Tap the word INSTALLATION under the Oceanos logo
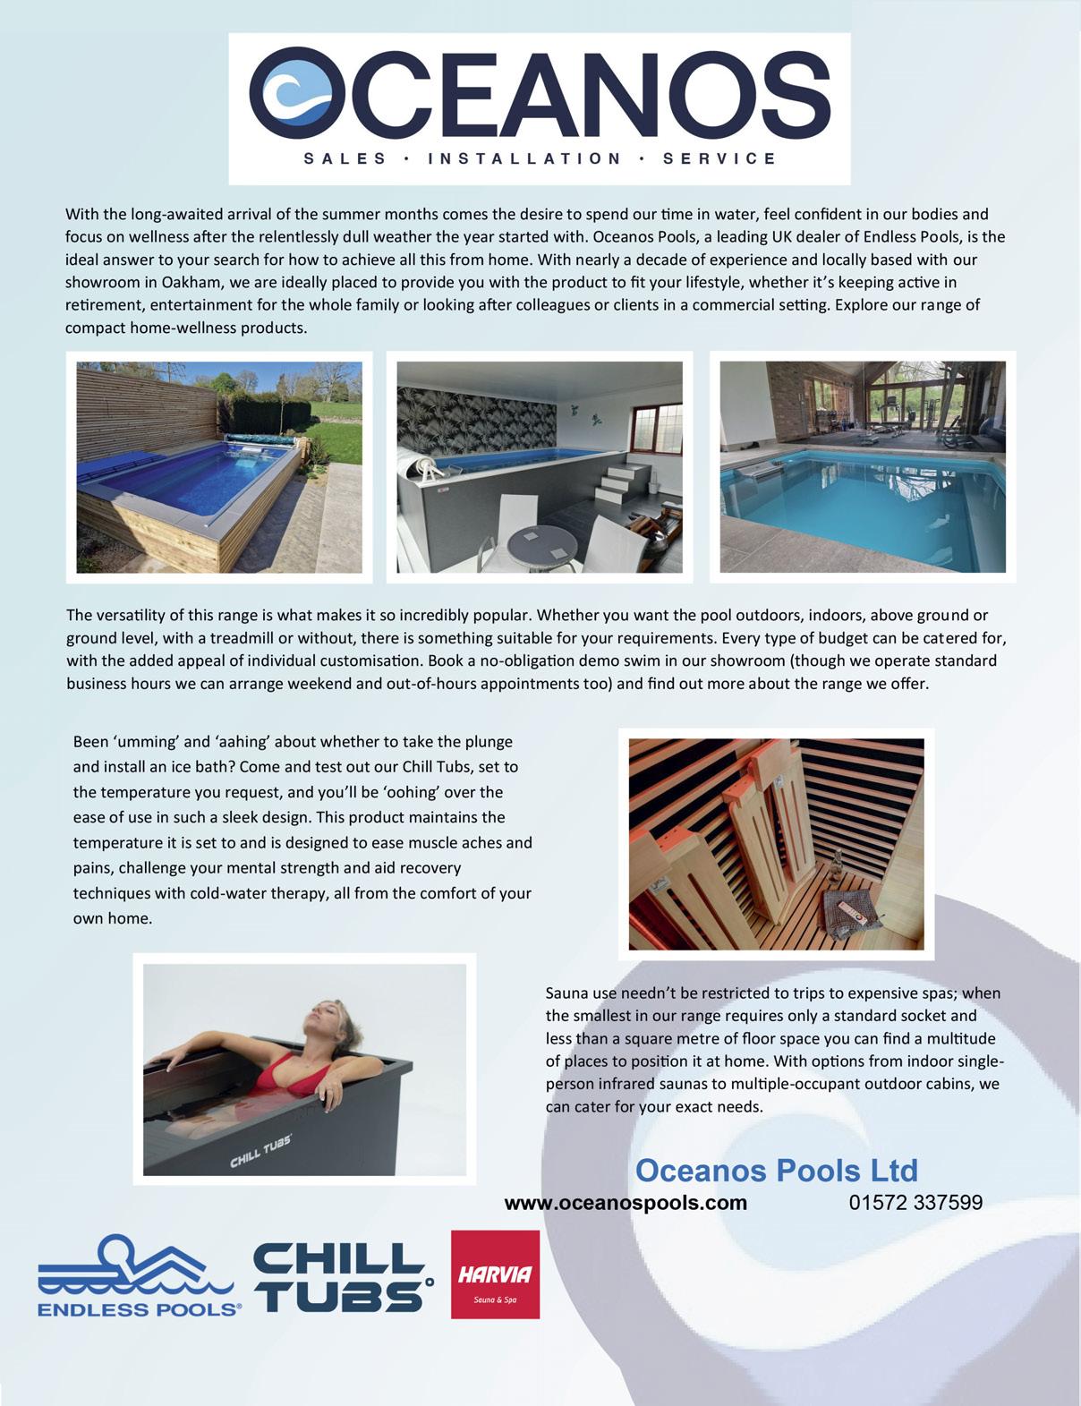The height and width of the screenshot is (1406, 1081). (x=525, y=159)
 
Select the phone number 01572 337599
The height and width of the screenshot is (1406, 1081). (x=915, y=1202)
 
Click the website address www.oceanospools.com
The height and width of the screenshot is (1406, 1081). (x=626, y=1203)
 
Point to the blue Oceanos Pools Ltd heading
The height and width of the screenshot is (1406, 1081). (x=776, y=1170)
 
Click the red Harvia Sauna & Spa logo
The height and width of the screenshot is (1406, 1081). (x=495, y=1274)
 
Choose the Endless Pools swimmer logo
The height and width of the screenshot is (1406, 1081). (x=139, y=1275)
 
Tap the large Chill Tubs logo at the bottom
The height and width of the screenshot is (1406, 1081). (x=342, y=1274)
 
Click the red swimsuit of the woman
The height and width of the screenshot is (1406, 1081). (x=285, y=1071)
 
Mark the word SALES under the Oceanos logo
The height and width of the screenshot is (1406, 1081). (x=345, y=159)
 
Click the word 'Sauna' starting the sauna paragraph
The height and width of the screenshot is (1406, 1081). (x=567, y=993)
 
